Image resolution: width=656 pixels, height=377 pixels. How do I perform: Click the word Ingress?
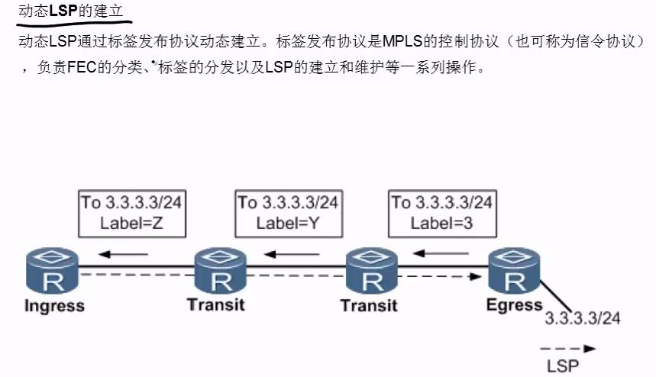54,307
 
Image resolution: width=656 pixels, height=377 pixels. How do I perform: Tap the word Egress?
514,305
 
